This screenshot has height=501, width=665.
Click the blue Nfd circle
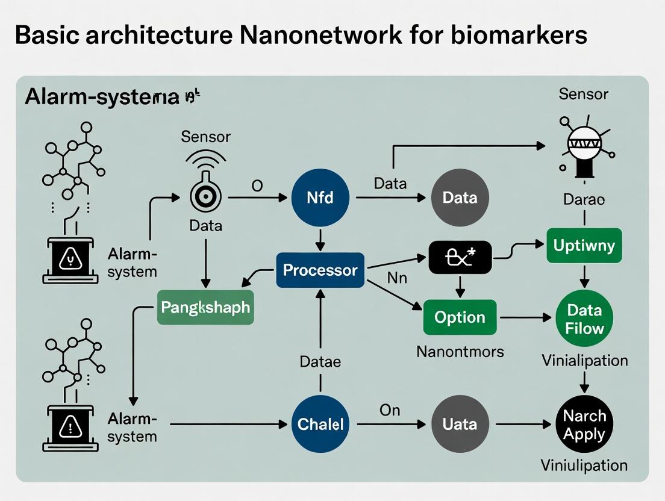(x=320, y=198)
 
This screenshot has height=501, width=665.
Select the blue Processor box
(x=320, y=270)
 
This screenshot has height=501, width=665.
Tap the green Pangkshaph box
(x=205, y=307)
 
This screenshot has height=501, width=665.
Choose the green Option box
(x=460, y=317)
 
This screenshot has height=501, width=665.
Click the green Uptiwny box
(x=583, y=246)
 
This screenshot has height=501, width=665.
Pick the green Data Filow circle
(x=584, y=319)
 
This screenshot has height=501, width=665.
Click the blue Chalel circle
(x=320, y=424)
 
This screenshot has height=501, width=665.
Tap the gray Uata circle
(x=460, y=425)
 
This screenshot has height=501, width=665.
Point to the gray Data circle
(x=460, y=198)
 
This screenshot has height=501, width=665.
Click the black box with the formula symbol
(x=460, y=257)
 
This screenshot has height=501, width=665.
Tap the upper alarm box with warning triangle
(x=70, y=260)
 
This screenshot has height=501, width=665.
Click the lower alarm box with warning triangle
(x=70, y=426)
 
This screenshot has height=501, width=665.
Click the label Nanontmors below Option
(x=460, y=351)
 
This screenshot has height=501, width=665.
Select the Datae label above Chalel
(x=320, y=362)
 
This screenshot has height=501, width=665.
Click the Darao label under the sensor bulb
(x=584, y=199)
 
